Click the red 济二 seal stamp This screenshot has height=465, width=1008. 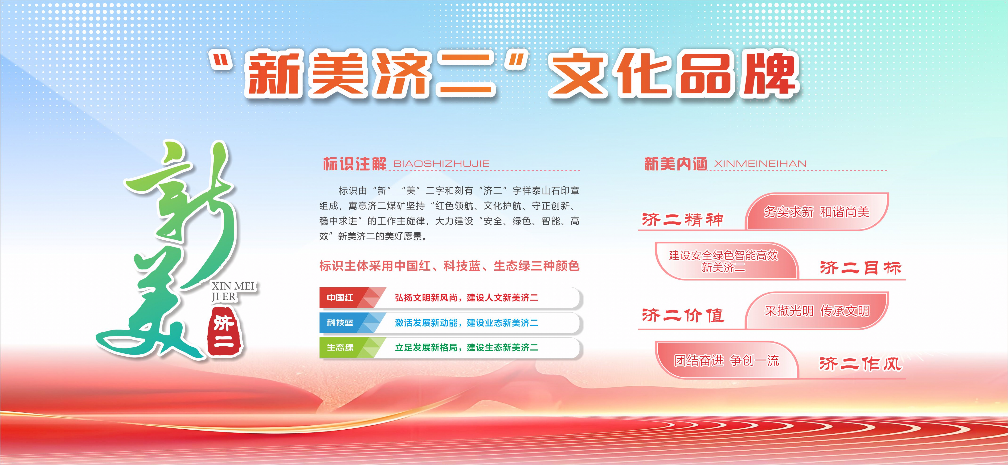point(225,332)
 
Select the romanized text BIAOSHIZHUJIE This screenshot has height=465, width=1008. point(441,164)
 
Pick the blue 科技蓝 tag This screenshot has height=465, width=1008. point(340,323)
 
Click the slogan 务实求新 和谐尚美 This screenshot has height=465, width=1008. point(817,212)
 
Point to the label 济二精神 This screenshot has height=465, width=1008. point(682,220)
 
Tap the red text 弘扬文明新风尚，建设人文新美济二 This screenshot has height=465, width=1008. point(467,298)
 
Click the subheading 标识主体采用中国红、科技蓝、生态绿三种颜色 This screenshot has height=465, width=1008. point(449,266)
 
